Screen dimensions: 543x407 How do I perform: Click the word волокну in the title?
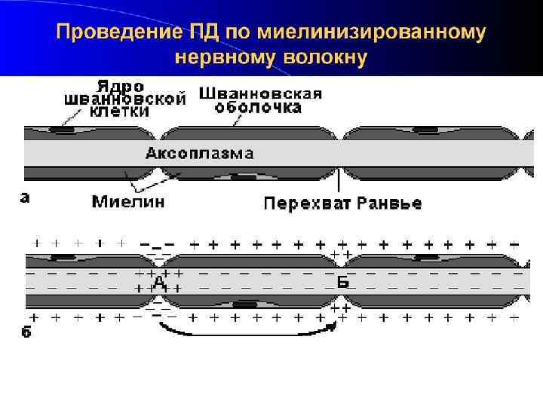click(x=325, y=57)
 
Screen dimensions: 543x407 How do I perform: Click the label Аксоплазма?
click(x=199, y=154)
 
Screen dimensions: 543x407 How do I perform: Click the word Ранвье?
click(x=389, y=203)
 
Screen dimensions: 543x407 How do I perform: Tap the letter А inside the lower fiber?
click(x=159, y=280)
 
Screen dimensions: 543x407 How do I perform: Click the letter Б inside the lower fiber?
click(x=343, y=282)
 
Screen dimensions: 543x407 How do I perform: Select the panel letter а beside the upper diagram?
click(x=26, y=198)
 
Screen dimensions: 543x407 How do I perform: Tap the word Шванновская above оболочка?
click(x=260, y=93)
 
